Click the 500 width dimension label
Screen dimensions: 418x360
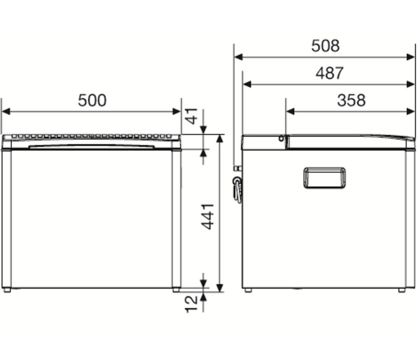pos(92,100)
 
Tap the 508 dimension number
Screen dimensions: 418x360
pos(326,46)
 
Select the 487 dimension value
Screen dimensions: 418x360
pos(329,73)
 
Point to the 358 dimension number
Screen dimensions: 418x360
pos(351,100)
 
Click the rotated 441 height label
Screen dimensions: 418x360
pos(208,216)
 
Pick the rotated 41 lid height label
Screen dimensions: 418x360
pos(192,116)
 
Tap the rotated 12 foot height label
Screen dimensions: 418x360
pos(191,304)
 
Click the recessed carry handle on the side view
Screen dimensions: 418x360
pos(325,178)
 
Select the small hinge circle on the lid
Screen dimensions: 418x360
pos(281,138)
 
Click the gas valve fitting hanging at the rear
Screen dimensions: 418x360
pos(237,187)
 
